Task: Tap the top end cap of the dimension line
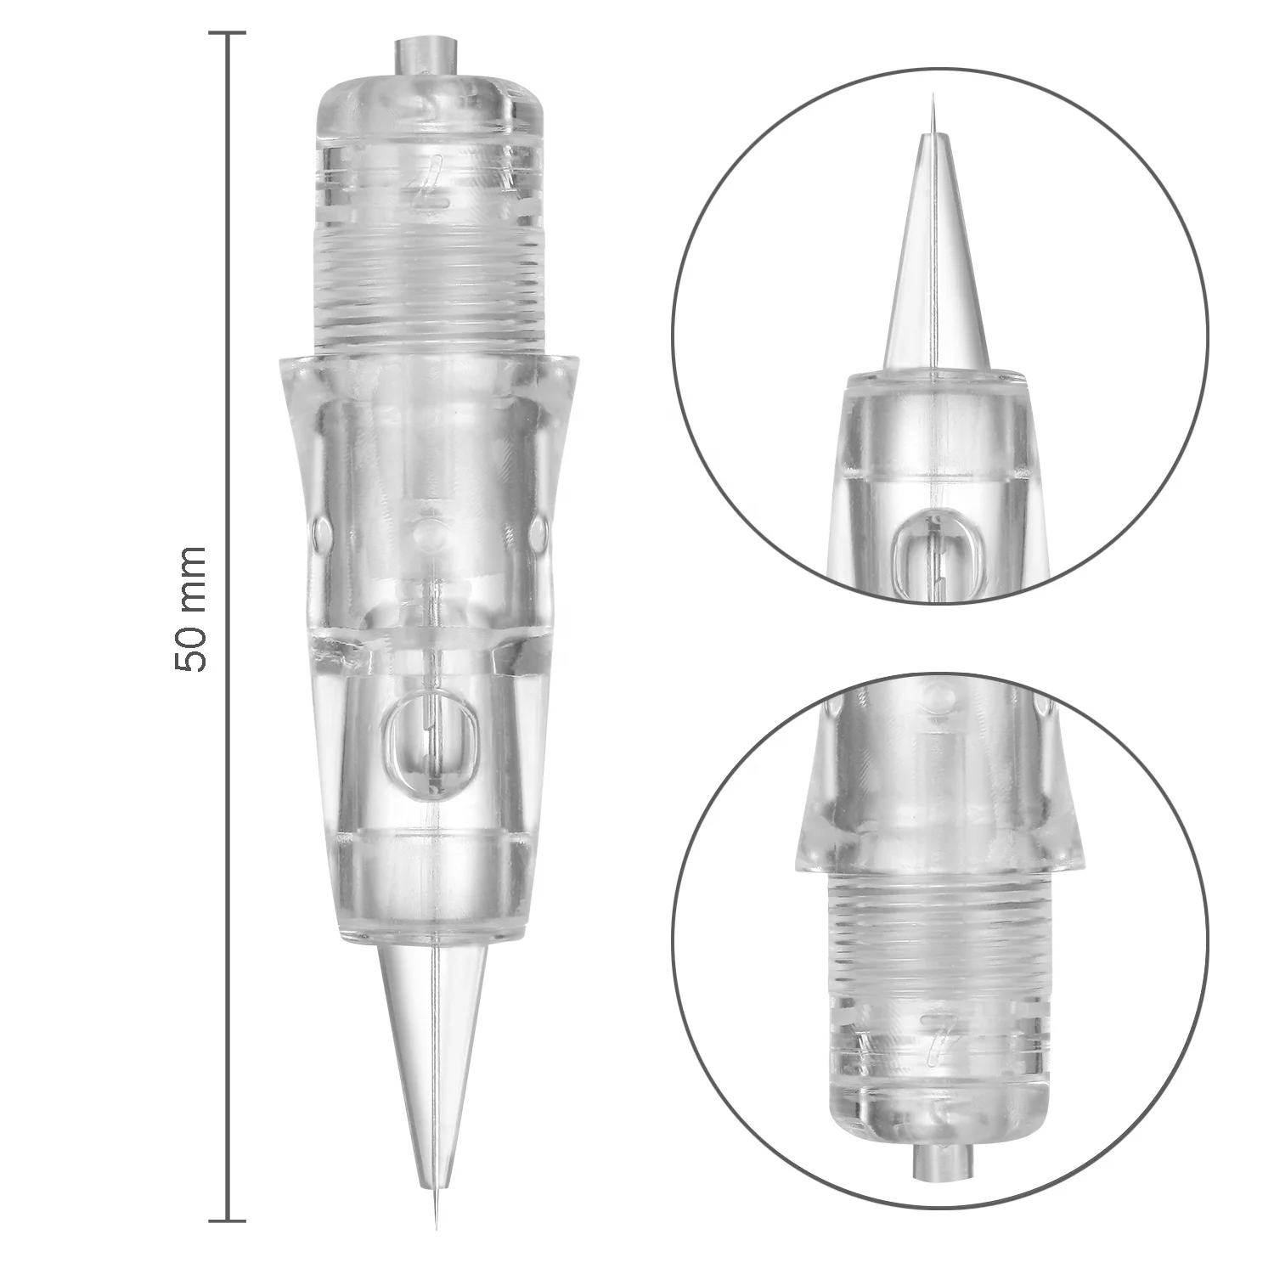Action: click(x=227, y=34)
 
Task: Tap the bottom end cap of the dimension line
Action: click(x=227, y=1220)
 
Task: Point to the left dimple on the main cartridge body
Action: click(x=320, y=533)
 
